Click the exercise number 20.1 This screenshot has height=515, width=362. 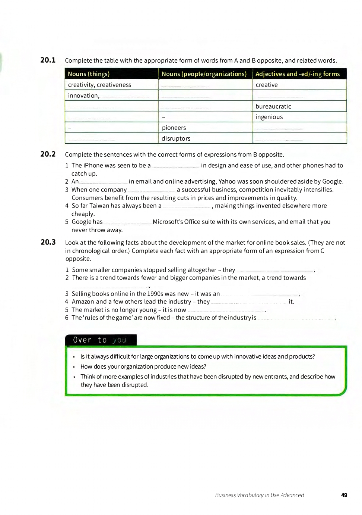pos(48,60)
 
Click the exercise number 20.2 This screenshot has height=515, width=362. pos(48,154)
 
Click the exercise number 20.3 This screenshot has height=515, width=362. pos(48,242)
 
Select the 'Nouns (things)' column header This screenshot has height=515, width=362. pos(89,74)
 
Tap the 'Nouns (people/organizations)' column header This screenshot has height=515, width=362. pos(204,74)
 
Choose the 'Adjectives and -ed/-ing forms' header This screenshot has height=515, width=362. pos(298,74)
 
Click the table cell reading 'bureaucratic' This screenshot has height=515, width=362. pos(273,106)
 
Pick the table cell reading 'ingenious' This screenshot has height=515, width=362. pos(269,117)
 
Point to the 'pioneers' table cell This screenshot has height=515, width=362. pos(174,128)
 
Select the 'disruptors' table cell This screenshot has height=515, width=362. pos(176,138)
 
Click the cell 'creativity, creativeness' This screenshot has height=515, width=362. pos(99,85)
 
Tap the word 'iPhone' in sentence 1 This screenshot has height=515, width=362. pos(94,165)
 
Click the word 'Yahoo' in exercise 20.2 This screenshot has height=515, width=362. pos(227,181)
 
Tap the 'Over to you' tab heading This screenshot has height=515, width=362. pos(100,340)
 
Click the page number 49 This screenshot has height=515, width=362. pos(344,495)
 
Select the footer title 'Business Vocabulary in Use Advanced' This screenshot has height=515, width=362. pos(260,495)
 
